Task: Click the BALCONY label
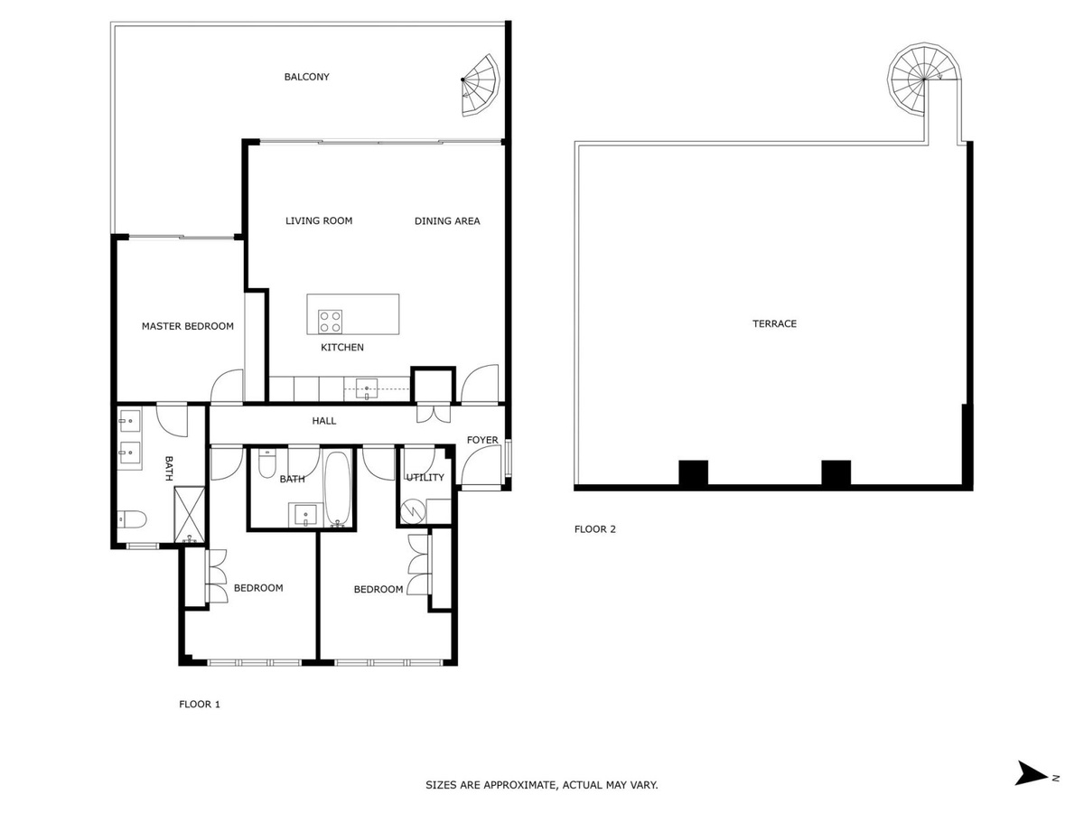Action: [x=306, y=77]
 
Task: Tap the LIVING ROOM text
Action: [x=319, y=220]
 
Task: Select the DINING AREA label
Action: [x=447, y=221]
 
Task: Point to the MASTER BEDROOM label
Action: [x=187, y=326]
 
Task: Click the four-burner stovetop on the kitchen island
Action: [x=330, y=322]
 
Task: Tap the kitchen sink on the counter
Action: [x=366, y=388]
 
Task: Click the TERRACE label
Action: [x=774, y=323]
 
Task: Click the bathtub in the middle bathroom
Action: [x=337, y=488]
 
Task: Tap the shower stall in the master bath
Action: [x=189, y=515]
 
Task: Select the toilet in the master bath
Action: [x=132, y=519]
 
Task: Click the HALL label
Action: [x=324, y=421]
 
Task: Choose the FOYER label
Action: [x=482, y=440]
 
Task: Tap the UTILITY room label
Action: [x=425, y=477]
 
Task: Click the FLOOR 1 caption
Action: [x=200, y=704]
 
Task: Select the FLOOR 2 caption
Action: [x=594, y=529]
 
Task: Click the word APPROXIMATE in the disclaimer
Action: [x=519, y=785]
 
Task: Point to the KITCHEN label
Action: [x=341, y=348]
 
